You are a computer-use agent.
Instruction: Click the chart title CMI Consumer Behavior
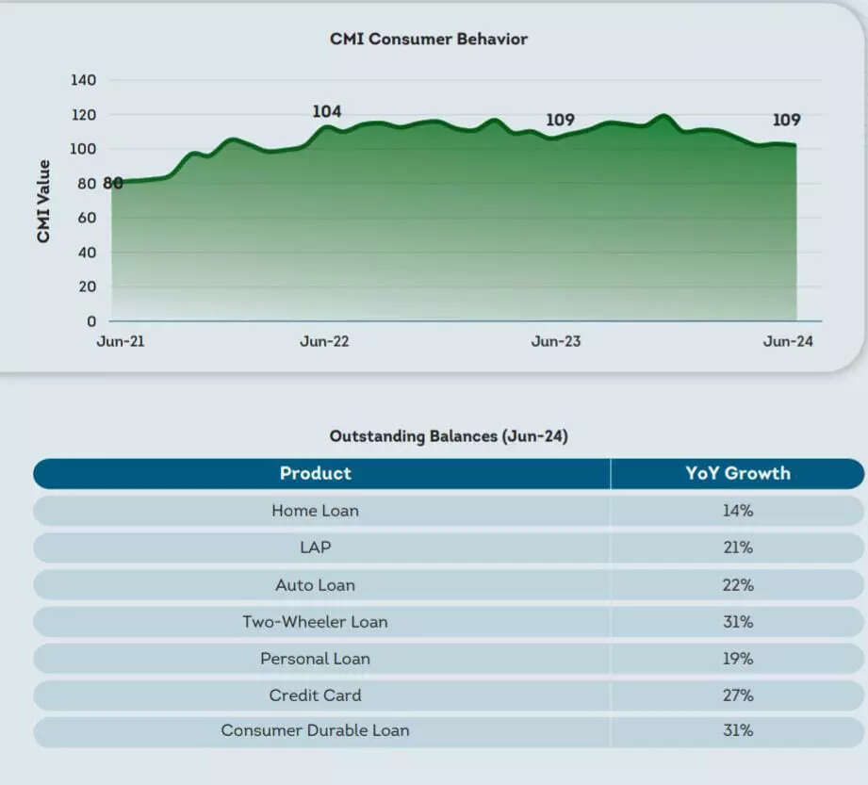click(428, 40)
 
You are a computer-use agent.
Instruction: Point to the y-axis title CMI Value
click(43, 202)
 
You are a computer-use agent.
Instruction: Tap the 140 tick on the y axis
click(84, 81)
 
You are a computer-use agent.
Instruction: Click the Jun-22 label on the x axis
click(324, 341)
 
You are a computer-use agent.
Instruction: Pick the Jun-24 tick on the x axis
click(787, 341)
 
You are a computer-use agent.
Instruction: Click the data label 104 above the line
click(326, 112)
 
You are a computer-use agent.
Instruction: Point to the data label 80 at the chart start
click(112, 184)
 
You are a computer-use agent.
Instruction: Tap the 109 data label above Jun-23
click(560, 121)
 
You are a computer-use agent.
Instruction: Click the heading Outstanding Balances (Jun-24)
click(449, 436)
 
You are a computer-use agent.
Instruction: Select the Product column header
click(315, 473)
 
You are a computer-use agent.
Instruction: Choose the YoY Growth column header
click(737, 473)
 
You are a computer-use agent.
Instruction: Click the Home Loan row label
click(315, 511)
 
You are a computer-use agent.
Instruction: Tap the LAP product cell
click(315, 548)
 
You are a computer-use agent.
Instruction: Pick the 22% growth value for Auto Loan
click(738, 585)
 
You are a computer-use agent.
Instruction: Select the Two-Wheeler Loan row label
click(315, 622)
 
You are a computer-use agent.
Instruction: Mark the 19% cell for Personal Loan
click(738, 659)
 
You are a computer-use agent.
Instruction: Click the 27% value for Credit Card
click(738, 695)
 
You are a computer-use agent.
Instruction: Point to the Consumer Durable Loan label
click(315, 730)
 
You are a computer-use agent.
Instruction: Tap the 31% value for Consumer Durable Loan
click(738, 730)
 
